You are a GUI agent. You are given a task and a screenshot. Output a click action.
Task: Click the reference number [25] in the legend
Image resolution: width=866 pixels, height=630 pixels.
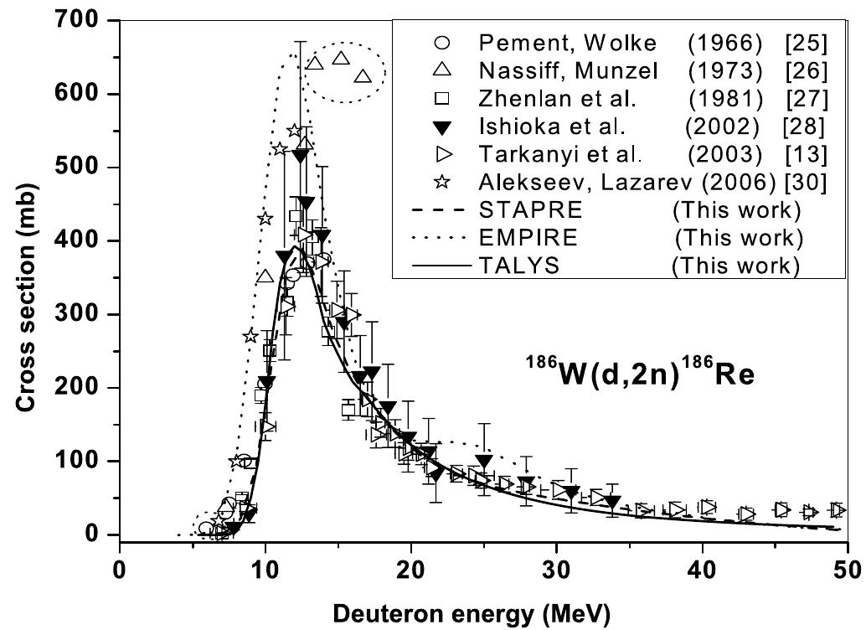(807, 43)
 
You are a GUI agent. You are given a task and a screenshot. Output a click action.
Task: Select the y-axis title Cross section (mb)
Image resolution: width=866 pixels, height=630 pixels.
(25, 276)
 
